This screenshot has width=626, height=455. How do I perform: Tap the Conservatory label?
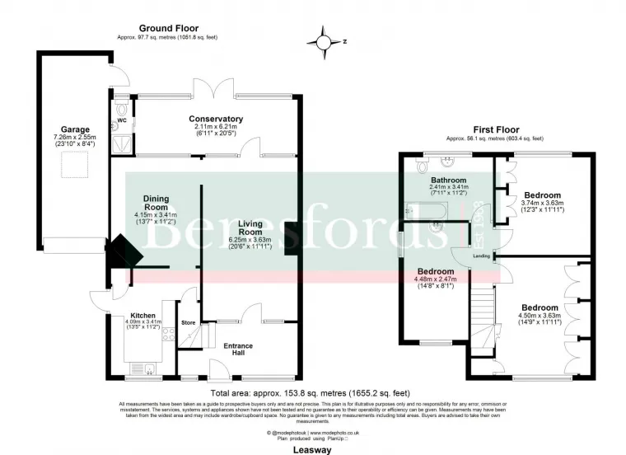coord(215,119)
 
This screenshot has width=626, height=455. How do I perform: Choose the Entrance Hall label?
coord(239,349)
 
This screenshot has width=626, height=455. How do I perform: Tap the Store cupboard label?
coord(189,323)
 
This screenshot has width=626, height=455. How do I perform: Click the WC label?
coord(122,120)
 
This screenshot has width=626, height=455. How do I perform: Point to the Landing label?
coord(482,256)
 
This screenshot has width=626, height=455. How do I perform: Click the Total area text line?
coord(310,392)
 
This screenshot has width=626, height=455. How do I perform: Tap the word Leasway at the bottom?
coord(310,449)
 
